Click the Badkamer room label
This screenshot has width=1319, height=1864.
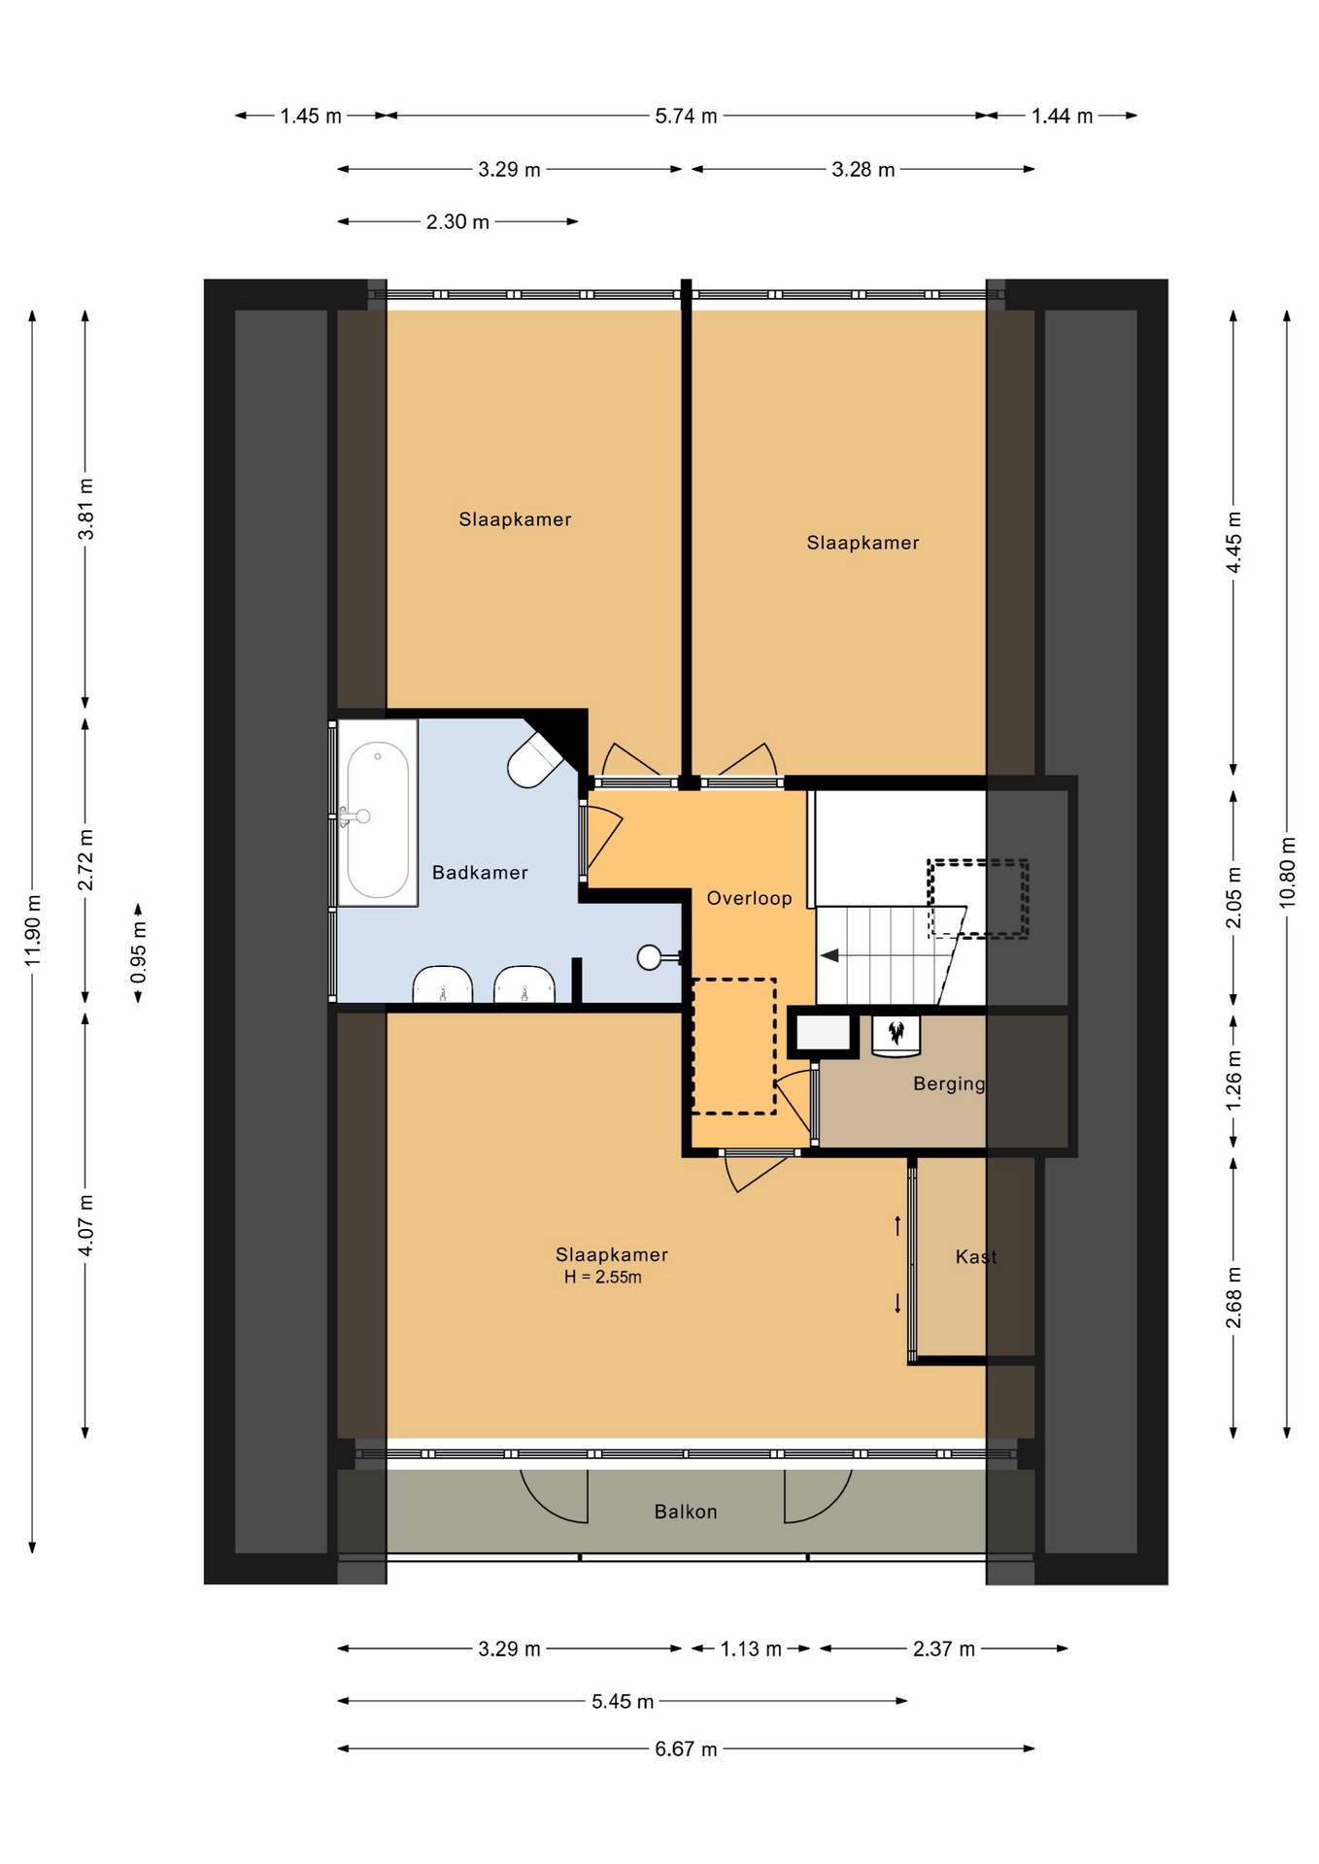coord(480,873)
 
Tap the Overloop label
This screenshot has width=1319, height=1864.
coord(749,898)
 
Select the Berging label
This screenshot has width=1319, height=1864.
coord(949,1084)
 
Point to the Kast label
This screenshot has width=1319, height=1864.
coord(976,1257)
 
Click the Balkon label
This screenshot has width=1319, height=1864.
coord(686,1512)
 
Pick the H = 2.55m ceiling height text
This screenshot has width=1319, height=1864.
coord(603,1278)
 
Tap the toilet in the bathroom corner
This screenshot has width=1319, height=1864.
coord(535,759)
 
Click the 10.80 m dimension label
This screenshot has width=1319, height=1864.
coord(1287,872)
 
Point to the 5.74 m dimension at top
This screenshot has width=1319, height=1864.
coord(686,116)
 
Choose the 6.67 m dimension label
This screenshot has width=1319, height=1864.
coord(686,1749)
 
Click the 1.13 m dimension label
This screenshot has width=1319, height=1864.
coord(751,1649)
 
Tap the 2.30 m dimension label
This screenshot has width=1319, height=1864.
coord(457,222)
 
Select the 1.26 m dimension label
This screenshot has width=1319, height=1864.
coord(1234,1081)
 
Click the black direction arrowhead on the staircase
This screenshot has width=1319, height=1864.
coord(829,956)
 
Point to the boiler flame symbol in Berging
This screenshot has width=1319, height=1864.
coord(896,1031)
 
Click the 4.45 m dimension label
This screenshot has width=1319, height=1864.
coord(1234,542)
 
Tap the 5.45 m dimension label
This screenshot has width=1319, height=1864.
coord(623,1702)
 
